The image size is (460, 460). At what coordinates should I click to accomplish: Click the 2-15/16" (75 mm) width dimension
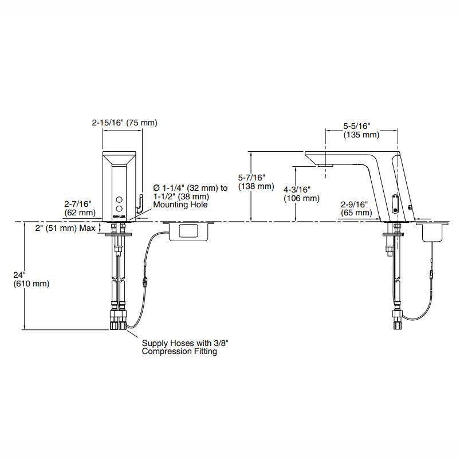(125, 123)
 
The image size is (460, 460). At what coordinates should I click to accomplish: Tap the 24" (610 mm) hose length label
(32, 280)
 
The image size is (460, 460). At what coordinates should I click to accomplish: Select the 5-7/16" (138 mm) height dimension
(256, 182)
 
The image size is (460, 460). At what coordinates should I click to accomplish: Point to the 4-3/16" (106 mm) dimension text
(301, 194)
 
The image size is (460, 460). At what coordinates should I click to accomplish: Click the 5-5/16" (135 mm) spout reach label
(361, 130)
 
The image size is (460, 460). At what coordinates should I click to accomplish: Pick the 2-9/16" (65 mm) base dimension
(356, 209)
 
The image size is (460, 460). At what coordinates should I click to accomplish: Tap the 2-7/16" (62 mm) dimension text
(80, 208)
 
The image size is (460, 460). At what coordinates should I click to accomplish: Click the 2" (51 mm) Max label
(65, 228)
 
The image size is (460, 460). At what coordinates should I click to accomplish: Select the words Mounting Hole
(180, 205)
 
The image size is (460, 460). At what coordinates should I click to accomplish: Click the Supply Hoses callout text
(185, 347)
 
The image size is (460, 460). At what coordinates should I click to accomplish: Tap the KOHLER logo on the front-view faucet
(119, 217)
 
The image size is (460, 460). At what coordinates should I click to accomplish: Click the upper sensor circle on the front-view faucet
(119, 200)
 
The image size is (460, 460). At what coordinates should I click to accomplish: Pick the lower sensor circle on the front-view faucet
(119, 209)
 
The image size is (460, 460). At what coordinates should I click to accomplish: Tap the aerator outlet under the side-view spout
(325, 166)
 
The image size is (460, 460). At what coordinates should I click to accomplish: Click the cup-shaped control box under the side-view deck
(432, 232)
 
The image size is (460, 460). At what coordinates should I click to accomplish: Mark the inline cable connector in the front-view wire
(144, 281)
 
